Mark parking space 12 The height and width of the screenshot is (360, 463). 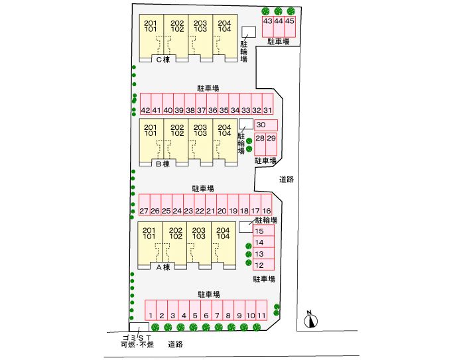click(x=260, y=265)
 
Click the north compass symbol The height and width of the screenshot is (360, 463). click(x=309, y=320)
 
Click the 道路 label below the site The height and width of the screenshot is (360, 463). click(x=175, y=345)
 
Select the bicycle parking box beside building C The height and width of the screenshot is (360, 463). click(x=249, y=32)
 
